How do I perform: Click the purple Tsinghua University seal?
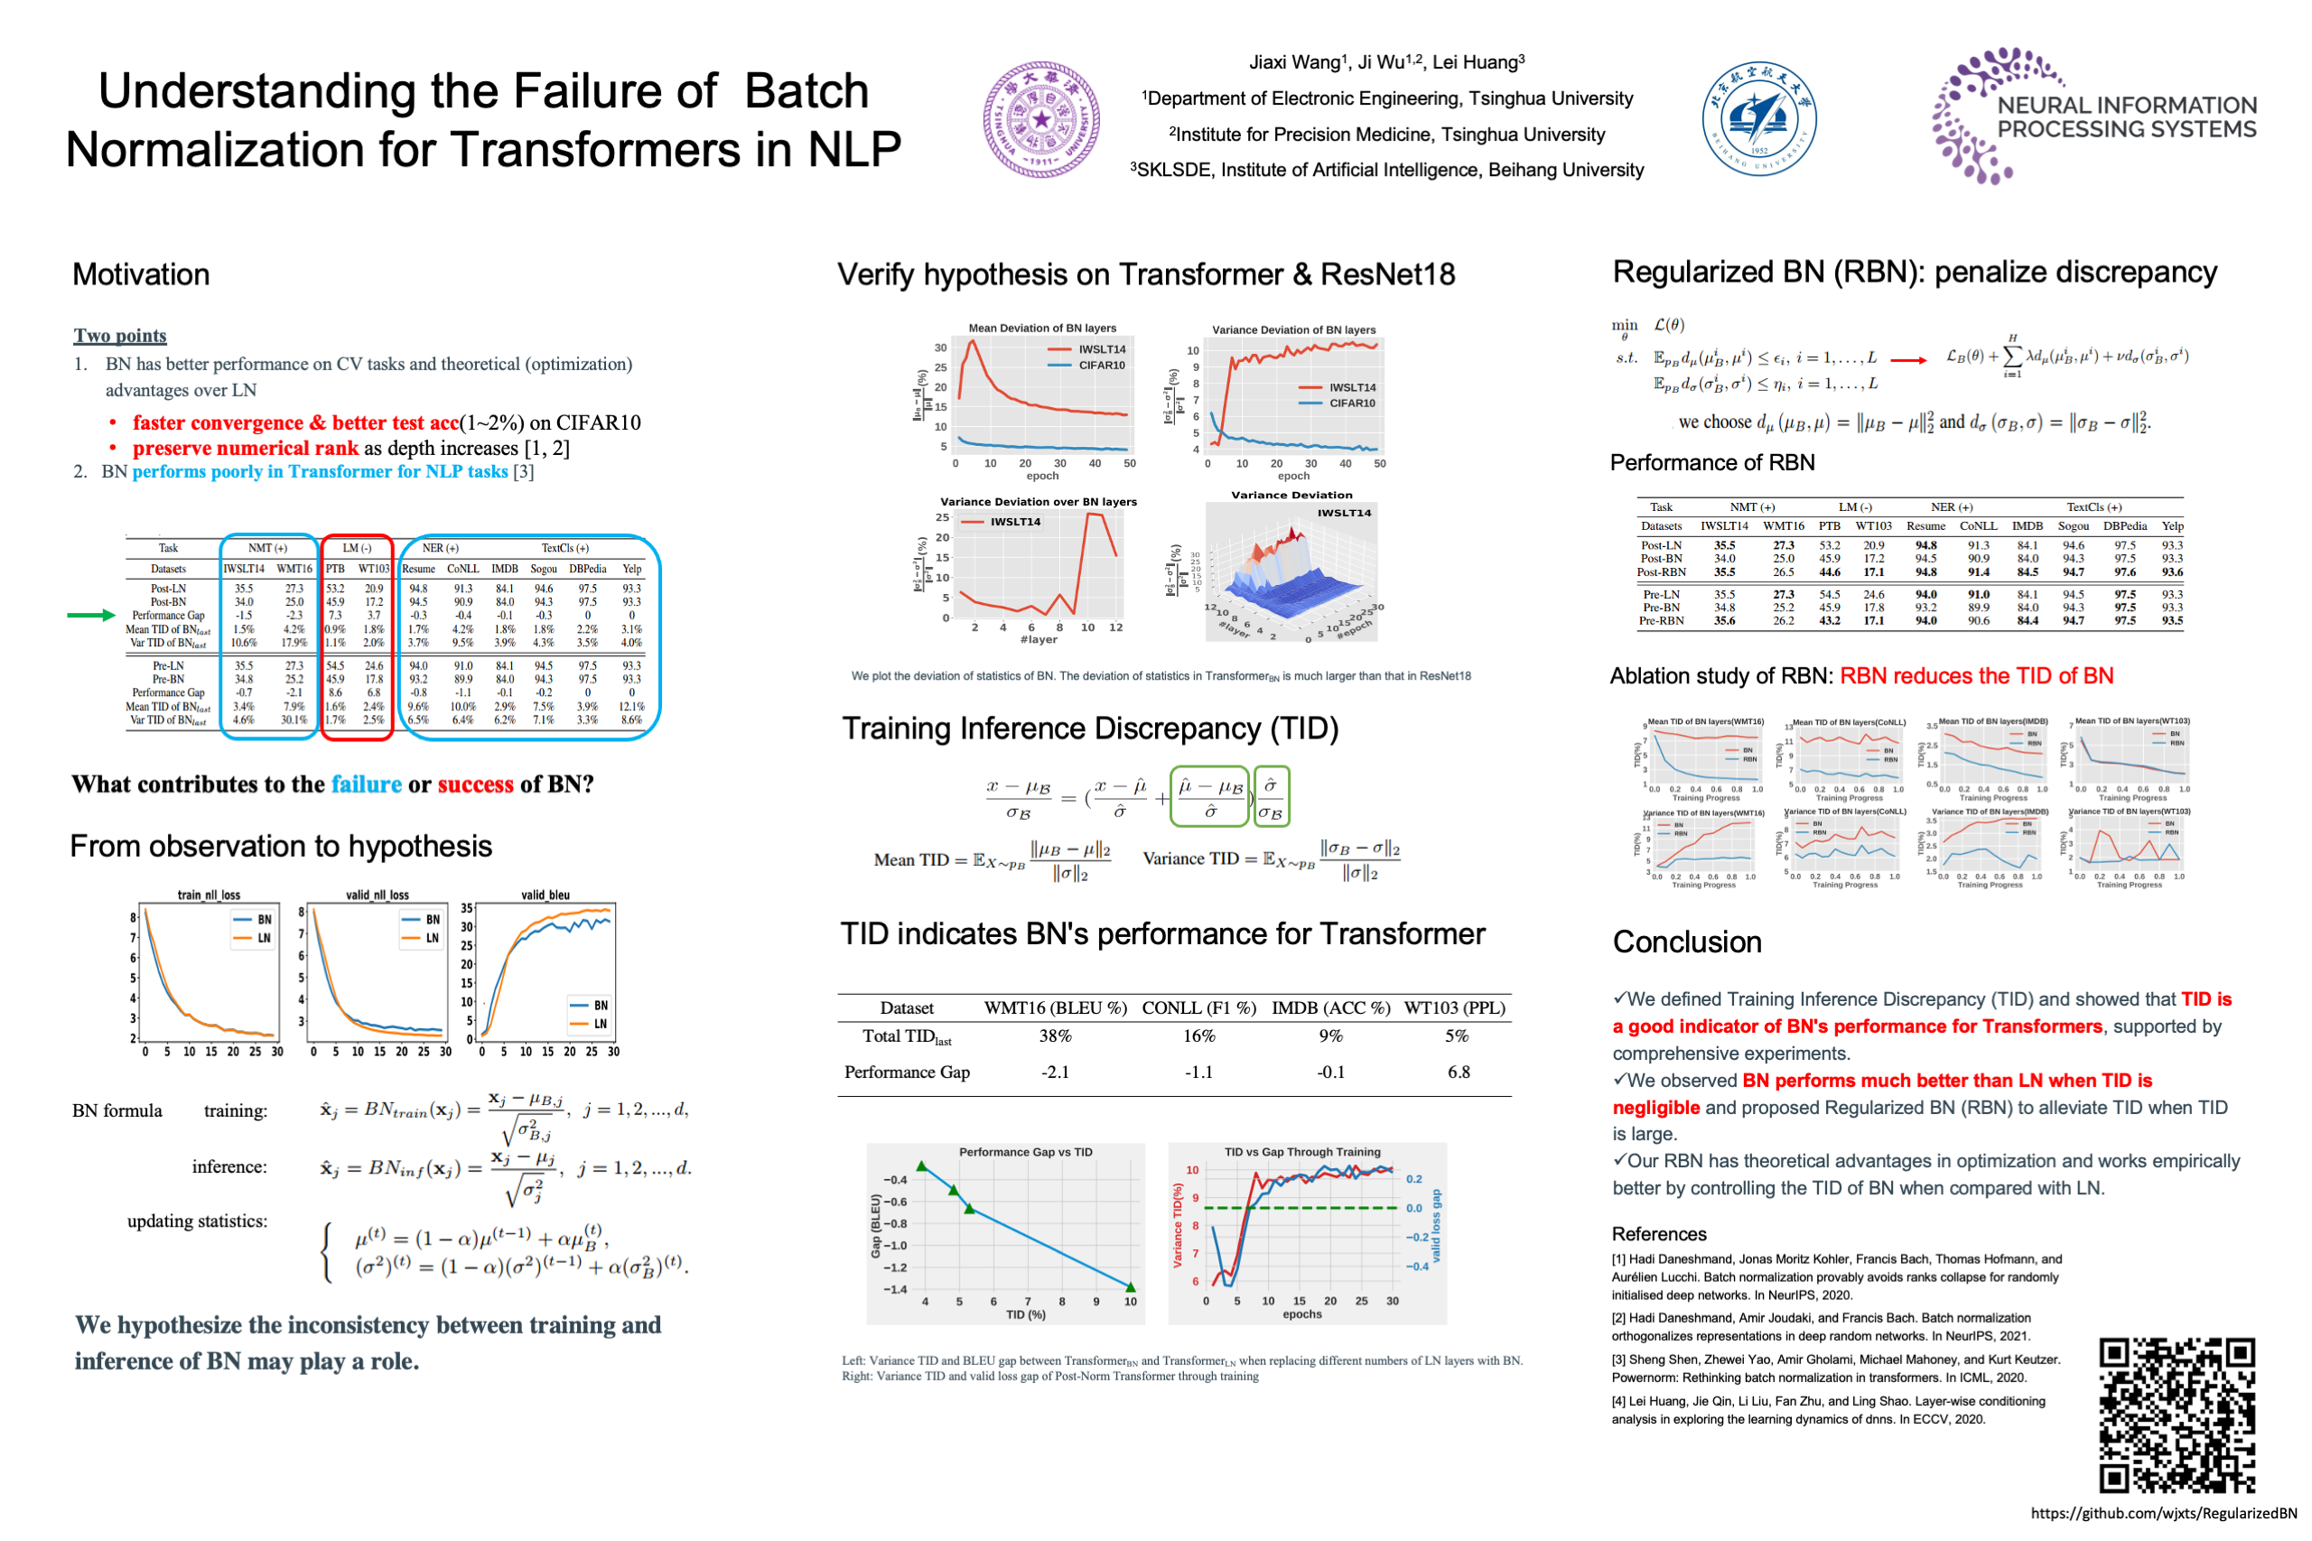[x=1041, y=120]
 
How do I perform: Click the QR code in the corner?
[x=2177, y=1416]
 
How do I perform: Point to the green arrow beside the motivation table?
[x=91, y=615]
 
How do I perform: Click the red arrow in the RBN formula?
[x=1908, y=359]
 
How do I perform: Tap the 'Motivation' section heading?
[x=141, y=274]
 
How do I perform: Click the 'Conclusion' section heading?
[x=1687, y=942]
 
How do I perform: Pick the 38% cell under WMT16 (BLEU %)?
[x=1055, y=1035]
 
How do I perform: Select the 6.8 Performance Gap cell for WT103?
[x=1459, y=1072]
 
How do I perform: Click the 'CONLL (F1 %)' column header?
[x=1198, y=1007]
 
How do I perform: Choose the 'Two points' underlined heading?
[x=120, y=335]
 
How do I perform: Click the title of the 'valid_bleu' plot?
[x=545, y=895]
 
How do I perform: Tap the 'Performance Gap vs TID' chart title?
[x=1025, y=1152]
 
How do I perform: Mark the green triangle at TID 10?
[x=1131, y=1286]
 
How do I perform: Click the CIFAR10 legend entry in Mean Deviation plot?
[x=1101, y=366]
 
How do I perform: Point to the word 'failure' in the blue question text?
[x=366, y=784]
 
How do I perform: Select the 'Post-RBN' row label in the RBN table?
[x=1660, y=572]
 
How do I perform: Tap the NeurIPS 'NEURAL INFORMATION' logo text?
[x=2126, y=105]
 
